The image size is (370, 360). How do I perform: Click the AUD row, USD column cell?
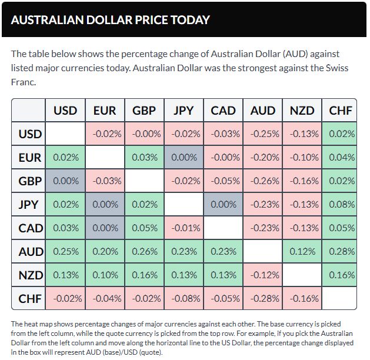[65, 251]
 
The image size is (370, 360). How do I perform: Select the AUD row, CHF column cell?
[341, 251]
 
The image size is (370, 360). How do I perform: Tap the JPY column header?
[184, 111]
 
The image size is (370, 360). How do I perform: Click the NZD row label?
[30, 275]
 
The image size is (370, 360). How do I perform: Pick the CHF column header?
[341, 111]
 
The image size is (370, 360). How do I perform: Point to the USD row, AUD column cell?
[262, 134]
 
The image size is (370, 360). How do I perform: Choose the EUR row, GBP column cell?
[144, 157]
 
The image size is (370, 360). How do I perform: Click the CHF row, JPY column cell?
[184, 298]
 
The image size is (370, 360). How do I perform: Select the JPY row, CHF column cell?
[341, 204]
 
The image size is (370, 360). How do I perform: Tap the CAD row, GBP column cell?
[144, 228]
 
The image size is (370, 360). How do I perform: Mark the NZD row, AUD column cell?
[262, 275]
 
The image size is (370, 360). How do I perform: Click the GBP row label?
[30, 181]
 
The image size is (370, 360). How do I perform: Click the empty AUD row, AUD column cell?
[262, 251]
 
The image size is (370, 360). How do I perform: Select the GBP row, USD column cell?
[65, 181]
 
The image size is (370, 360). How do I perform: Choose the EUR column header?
[105, 111]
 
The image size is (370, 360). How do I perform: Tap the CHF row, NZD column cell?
[302, 298]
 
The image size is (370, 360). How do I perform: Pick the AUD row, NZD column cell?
[302, 251]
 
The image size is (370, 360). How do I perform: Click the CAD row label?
[30, 228]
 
